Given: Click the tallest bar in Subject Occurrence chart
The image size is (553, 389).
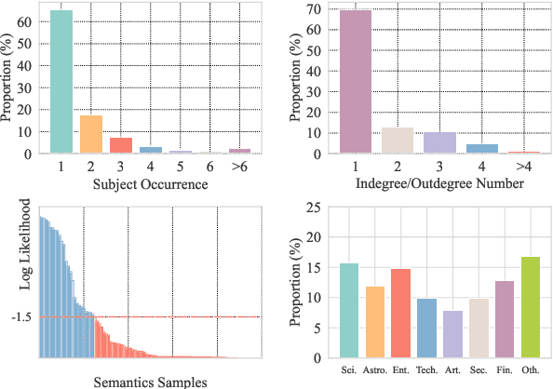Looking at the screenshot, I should (x=61, y=82).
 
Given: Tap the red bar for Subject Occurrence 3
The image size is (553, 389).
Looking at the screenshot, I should (x=121, y=145).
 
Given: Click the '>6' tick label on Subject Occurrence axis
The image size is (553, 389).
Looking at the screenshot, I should (x=240, y=166).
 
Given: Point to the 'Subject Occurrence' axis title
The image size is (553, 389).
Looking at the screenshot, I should (x=151, y=183).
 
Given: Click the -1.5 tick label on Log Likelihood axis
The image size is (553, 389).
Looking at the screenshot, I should (x=21, y=317).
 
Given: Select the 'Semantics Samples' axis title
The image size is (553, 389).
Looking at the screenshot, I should (x=150, y=381).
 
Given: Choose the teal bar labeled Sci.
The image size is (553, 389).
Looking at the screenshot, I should (x=349, y=311).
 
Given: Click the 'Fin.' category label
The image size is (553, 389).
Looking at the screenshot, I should (x=505, y=369).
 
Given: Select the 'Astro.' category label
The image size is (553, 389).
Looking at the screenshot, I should (x=375, y=369).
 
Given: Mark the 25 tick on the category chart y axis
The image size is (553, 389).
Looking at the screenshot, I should (x=319, y=207).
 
